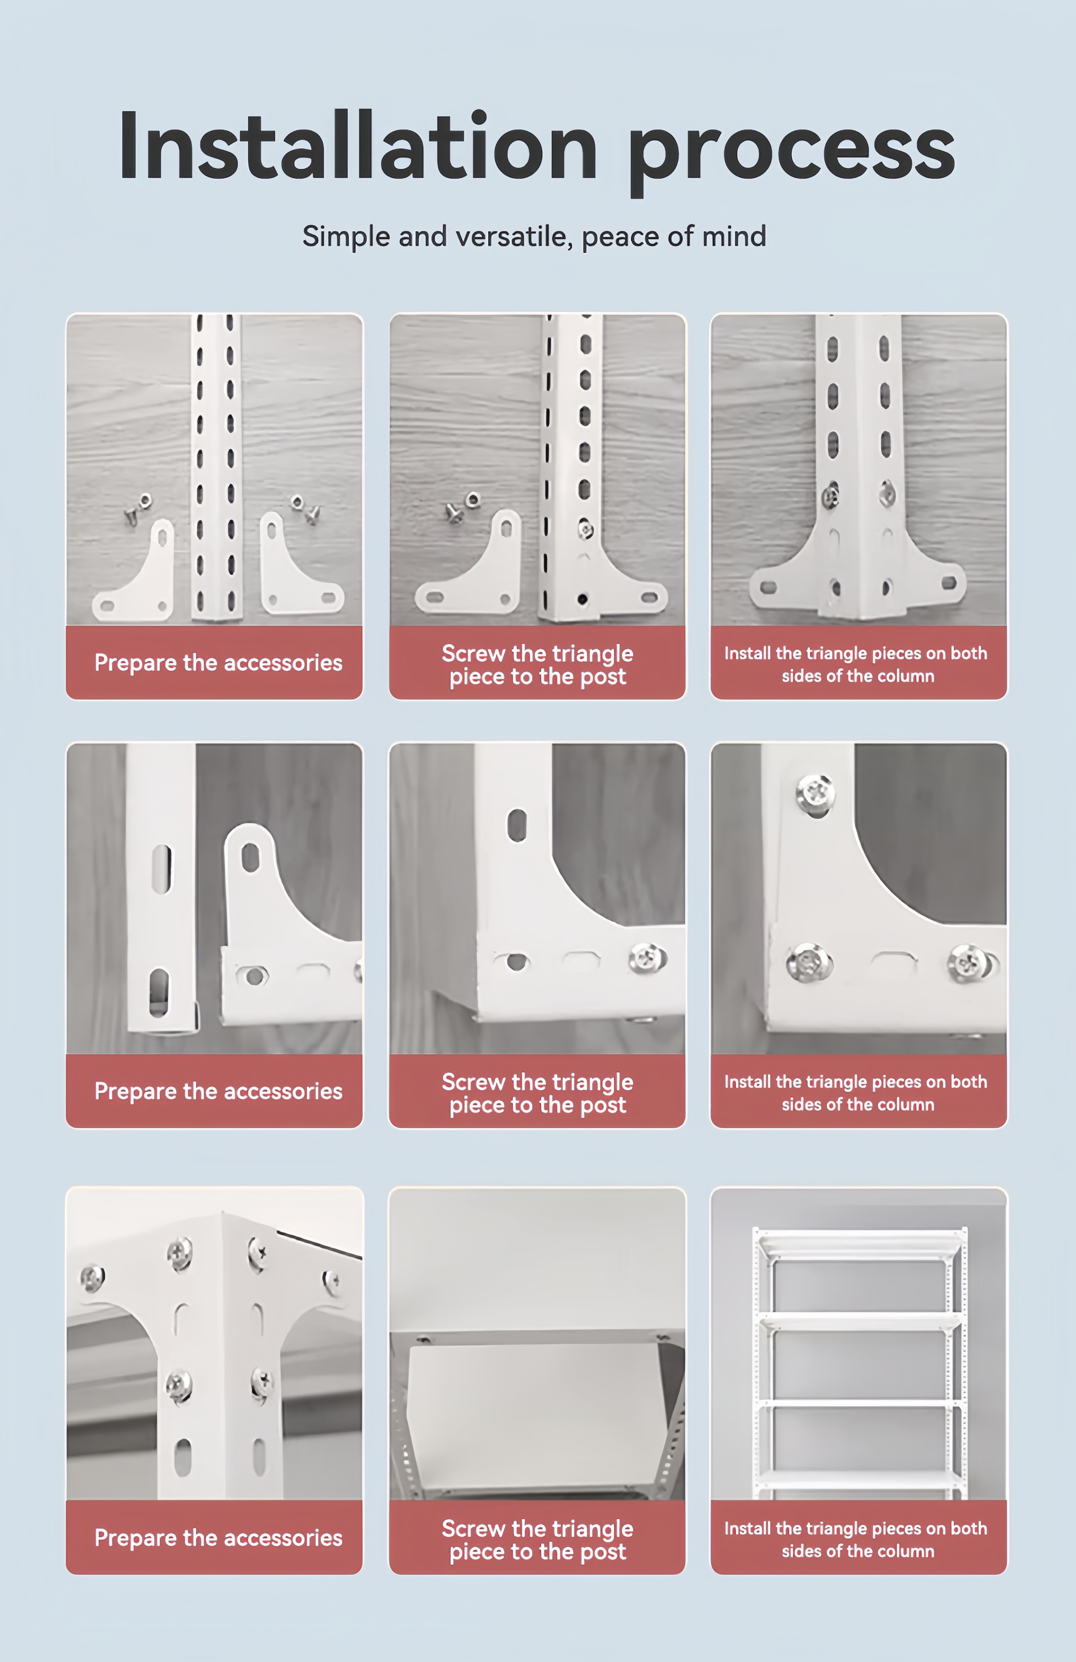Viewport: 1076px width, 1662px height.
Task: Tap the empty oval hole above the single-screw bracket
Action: (x=517, y=825)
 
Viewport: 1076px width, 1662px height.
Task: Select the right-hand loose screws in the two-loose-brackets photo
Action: (x=306, y=509)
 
